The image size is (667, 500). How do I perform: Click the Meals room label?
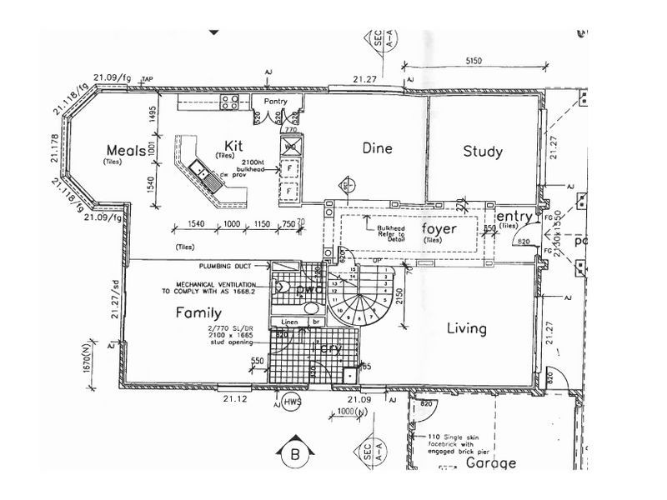coord(126,150)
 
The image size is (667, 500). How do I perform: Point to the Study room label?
coord(483,152)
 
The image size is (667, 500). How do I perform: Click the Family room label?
coord(198,313)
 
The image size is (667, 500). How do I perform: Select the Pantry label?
coord(275,102)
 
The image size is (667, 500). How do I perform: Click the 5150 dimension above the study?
coord(474,61)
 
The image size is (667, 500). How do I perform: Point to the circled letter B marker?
coord(293,455)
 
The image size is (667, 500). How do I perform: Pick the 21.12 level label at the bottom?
coord(235,398)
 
